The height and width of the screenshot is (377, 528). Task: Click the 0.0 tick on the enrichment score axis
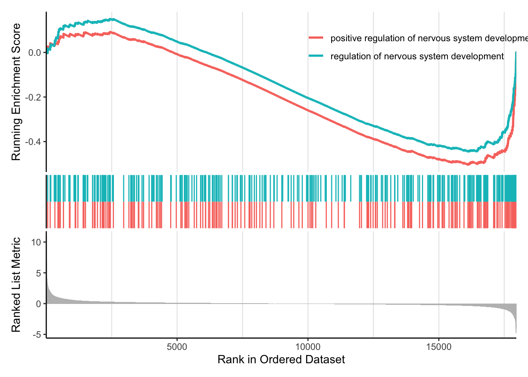pos(35,53)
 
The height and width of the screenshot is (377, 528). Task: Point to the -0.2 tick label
pos(33,97)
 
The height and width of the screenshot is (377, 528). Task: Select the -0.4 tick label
pos(33,142)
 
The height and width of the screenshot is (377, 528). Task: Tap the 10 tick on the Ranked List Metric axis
pos(37,242)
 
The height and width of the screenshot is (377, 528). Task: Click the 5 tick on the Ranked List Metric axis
pos(38,273)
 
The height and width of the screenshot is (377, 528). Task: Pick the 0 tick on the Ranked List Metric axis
pos(38,304)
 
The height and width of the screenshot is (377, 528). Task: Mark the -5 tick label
pos(37,335)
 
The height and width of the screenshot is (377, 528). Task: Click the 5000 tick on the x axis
pos(177,347)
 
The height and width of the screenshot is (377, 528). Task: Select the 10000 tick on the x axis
pos(308,347)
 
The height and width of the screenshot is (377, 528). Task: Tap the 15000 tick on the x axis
pos(439,347)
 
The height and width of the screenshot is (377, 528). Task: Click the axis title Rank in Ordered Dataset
pos(281,359)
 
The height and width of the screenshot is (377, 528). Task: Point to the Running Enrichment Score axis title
pos(16,92)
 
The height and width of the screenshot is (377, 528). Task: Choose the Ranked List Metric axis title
pos(16,285)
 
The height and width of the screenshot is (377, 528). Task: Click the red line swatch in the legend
pos(316,38)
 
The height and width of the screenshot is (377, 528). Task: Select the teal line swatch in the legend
pos(316,56)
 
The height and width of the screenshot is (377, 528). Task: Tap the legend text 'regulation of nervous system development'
pos(417,57)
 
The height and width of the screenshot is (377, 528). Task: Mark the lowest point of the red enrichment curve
pos(468,164)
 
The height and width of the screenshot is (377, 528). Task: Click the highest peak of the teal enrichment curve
pos(112,19)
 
